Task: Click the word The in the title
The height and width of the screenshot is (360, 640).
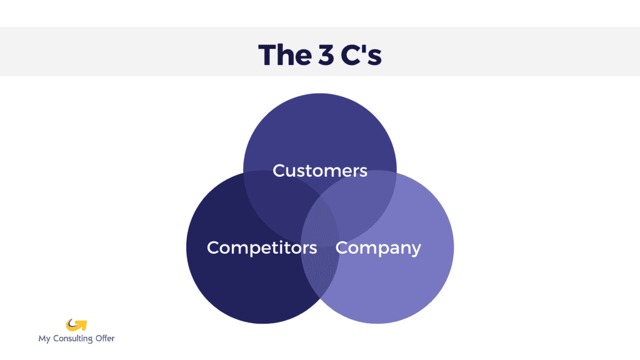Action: tap(282, 55)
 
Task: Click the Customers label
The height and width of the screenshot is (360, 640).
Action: tap(320, 170)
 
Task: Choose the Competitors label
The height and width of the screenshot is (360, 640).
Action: tap(262, 247)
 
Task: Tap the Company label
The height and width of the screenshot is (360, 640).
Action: tap(378, 248)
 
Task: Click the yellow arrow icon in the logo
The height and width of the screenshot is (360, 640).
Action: tap(76, 325)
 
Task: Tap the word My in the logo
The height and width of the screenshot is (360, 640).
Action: tap(44, 339)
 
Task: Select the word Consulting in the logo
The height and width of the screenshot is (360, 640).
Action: tap(72, 339)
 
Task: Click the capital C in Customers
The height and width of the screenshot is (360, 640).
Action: tap(279, 170)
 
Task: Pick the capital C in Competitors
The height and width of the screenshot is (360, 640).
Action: tap(214, 247)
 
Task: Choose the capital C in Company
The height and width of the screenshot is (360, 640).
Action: tap(342, 247)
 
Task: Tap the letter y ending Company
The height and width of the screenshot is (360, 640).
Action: tap(415, 250)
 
